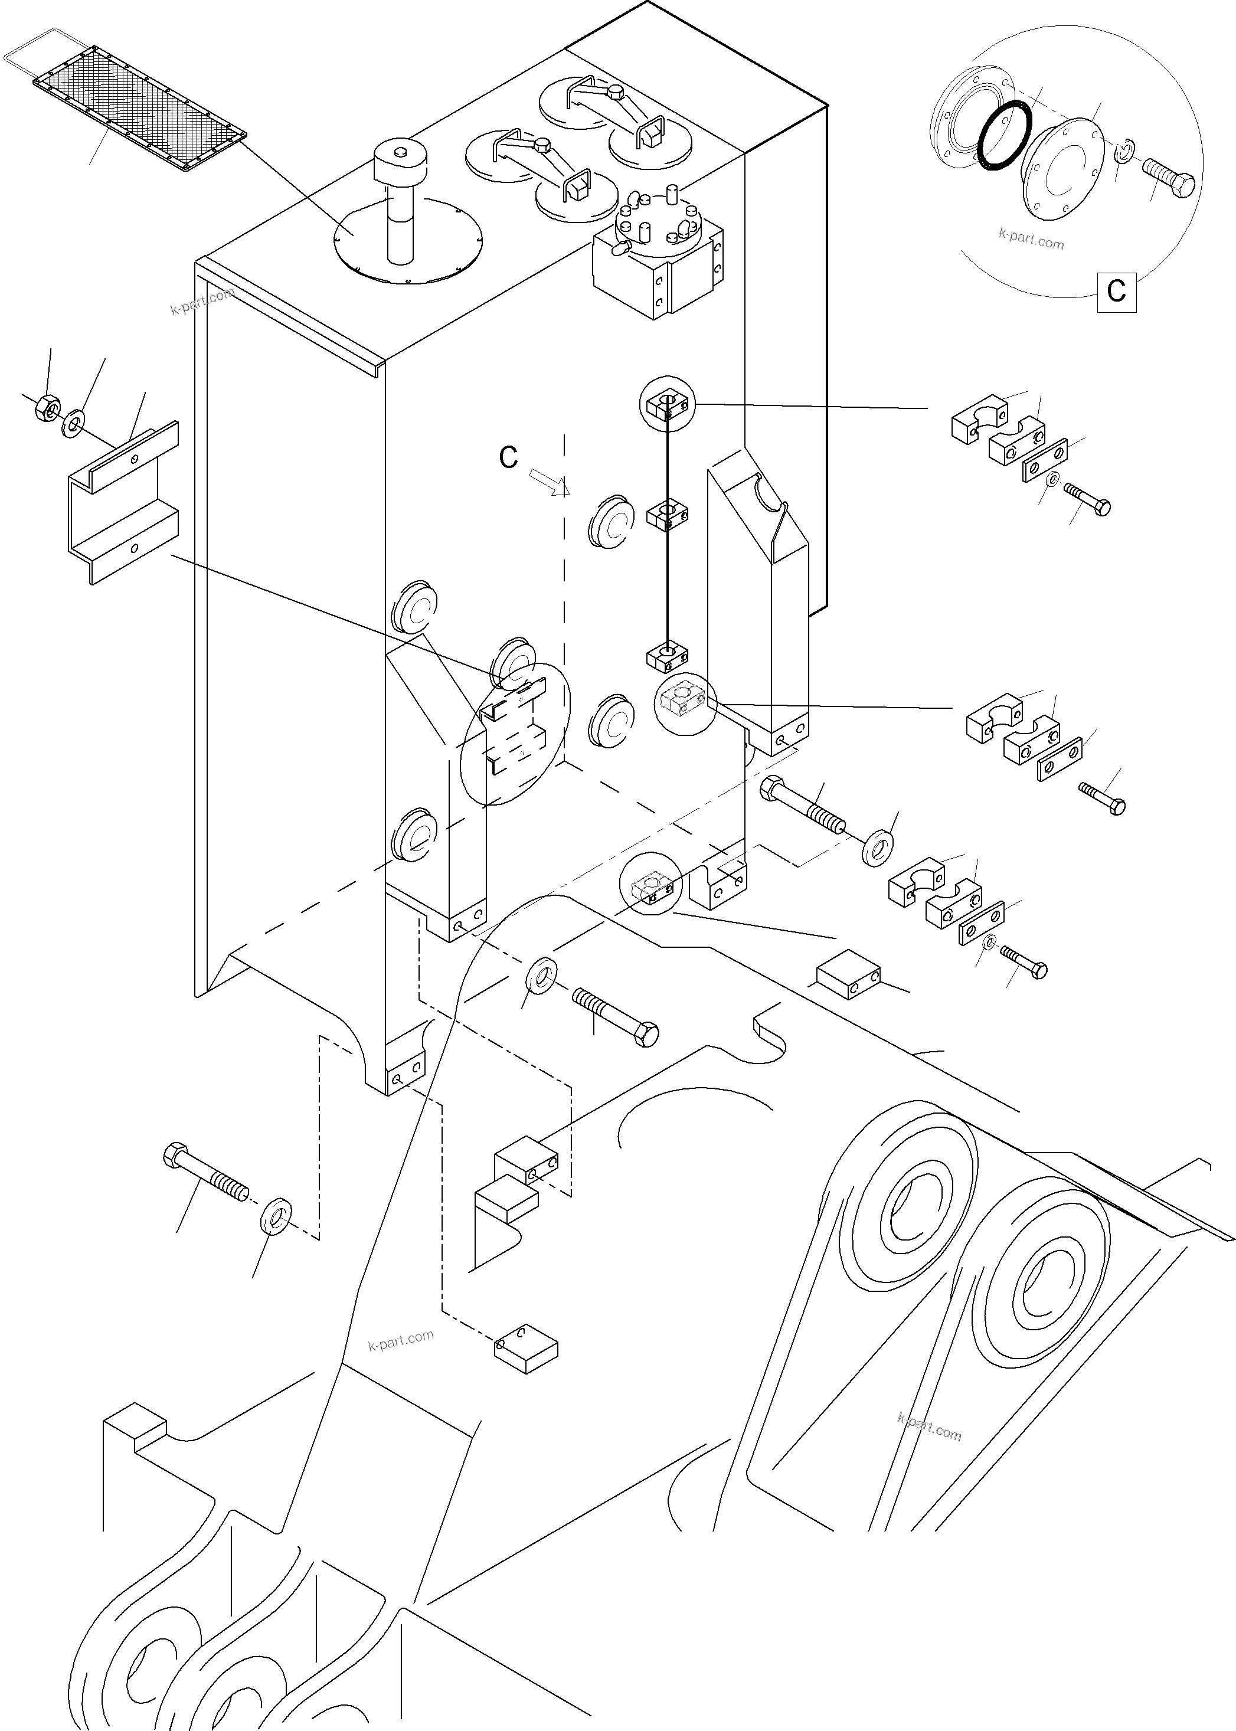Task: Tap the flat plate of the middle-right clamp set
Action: tap(1060, 758)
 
